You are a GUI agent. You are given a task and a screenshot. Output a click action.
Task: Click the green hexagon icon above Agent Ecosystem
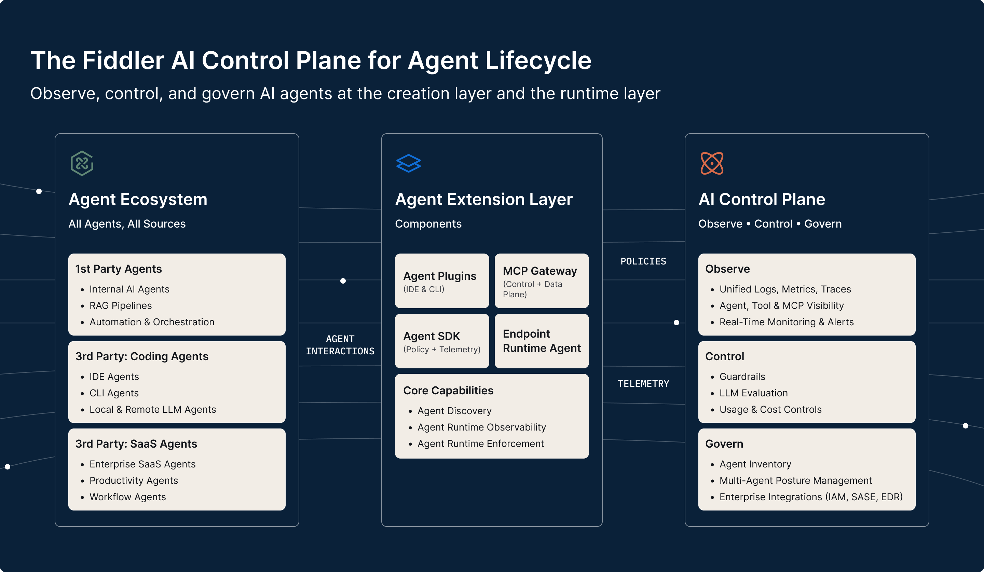point(82,163)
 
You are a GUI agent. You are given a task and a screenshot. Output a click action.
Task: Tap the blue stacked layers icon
point(408,163)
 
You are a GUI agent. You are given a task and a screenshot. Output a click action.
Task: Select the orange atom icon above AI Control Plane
point(711,163)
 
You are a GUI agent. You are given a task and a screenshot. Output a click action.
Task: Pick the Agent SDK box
point(442,341)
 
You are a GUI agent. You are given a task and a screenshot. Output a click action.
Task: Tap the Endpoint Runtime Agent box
point(541,341)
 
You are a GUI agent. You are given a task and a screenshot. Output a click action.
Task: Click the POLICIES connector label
point(643,261)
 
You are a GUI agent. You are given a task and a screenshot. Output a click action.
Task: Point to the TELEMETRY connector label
point(643,383)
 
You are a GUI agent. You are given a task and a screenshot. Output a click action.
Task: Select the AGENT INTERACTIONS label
point(340,345)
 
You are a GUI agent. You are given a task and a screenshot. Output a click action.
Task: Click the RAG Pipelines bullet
point(120,305)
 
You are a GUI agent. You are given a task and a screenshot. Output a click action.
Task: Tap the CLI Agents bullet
point(114,393)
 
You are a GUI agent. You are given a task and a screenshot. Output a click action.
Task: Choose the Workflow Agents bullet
point(128,496)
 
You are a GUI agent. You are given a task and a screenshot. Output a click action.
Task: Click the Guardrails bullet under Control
point(742,377)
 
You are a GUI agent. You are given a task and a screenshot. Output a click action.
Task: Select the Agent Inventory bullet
point(755,464)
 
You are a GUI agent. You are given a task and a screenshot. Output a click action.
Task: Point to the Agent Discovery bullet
point(454,411)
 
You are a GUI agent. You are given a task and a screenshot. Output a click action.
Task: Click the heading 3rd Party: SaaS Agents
point(136,444)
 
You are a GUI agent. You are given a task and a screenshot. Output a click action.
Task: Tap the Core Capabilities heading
point(448,391)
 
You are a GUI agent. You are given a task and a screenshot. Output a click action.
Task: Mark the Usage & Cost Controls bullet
point(770,409)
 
